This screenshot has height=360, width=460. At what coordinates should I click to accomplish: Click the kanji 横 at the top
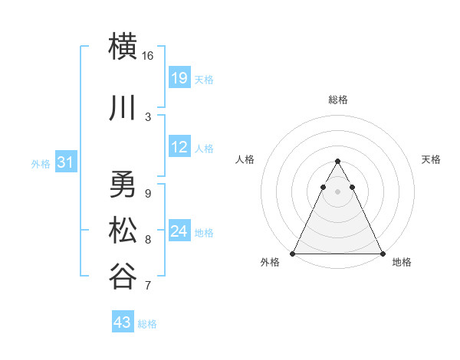coord(123,46)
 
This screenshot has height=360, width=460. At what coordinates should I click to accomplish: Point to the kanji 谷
coord(123,276)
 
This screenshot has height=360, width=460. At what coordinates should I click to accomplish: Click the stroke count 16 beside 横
coord(148,56)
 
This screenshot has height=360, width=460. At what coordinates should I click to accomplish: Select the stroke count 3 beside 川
coord(148,116)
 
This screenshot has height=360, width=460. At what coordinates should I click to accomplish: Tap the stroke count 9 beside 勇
coord(148,193)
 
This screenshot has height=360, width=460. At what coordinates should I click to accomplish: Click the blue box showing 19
coord(179,78)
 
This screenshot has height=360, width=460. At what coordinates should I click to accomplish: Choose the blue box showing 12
coord(179,147)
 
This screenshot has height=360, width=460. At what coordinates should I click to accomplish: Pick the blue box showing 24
coord(179,231)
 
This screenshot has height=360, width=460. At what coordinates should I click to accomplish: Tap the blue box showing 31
coord(65,162)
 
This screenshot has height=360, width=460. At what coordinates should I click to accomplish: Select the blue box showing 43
coord(122,322)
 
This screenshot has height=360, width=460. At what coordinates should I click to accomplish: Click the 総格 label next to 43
coord(147,324)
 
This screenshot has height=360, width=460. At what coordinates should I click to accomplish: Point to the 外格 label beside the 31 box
coord(40,164)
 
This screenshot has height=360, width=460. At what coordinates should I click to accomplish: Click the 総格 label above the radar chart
coord(337,100)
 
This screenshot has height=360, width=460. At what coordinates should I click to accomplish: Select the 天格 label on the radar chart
coord(431,159)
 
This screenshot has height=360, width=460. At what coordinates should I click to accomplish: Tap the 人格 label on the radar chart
coord(245,159)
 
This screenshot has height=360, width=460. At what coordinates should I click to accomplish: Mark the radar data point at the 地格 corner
coord(382,254)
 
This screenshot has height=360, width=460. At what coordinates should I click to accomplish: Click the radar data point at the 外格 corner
coord(293,254)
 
